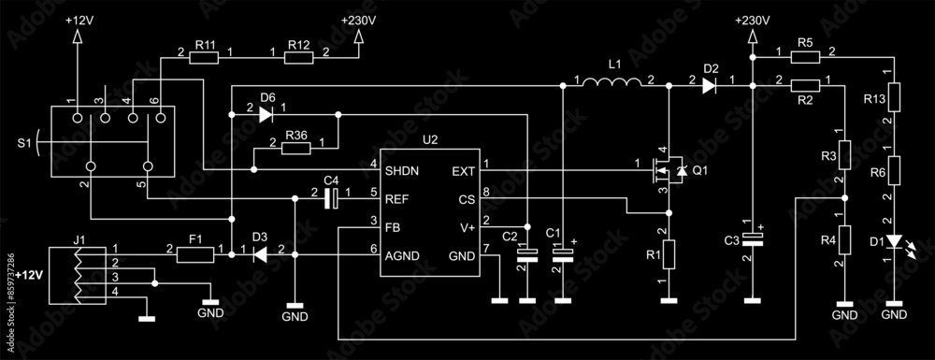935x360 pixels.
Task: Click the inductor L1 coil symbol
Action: [612, 84]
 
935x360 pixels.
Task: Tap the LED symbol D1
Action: [895, 242]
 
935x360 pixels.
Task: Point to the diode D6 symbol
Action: [266, 115]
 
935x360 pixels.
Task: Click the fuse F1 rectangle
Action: [196, 253]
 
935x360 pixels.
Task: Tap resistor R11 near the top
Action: [205, 58]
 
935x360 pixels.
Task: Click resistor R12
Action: [298, 58]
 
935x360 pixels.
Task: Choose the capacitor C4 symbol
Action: [330, 197]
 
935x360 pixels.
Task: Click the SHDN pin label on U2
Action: [402, 171]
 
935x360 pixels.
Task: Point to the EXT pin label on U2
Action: [463, 171]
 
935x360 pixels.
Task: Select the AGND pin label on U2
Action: [403, 255]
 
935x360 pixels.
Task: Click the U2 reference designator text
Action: [430, 139]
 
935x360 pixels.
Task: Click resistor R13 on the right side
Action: [895, 97]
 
